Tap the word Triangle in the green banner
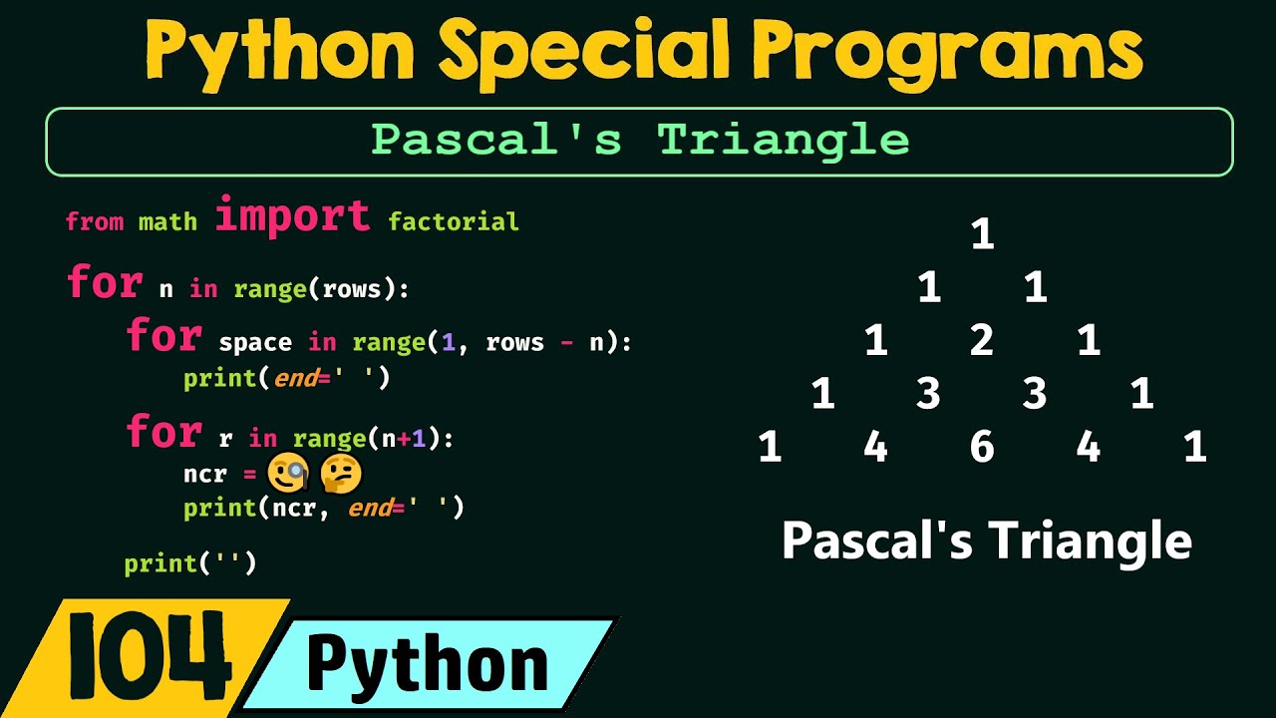point(784,141)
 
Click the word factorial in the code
point(454,221)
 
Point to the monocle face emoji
point(287,475)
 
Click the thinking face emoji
point(339,475)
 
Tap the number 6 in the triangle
point(982,447)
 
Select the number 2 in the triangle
point(982,341)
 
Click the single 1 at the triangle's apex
point(982,234)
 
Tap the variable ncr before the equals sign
point(205,475)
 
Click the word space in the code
point(255,343)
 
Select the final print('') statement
point(190,563)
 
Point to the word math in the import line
point(167,221)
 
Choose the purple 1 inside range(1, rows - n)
point(448,343)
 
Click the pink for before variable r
point(163,433)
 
